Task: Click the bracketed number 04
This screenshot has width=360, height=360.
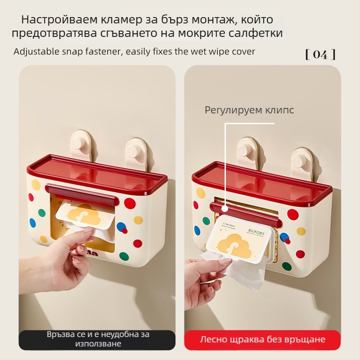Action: point(320,54)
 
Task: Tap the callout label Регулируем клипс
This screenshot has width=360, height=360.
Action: point(249,110)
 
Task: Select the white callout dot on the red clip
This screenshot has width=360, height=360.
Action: point(225,207)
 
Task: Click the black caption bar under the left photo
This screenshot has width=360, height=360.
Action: point(97,339)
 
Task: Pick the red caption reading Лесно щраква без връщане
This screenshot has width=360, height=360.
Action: point(262,339)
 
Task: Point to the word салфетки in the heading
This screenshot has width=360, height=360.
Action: point(258,33)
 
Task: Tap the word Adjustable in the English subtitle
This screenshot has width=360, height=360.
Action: point(34,51)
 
